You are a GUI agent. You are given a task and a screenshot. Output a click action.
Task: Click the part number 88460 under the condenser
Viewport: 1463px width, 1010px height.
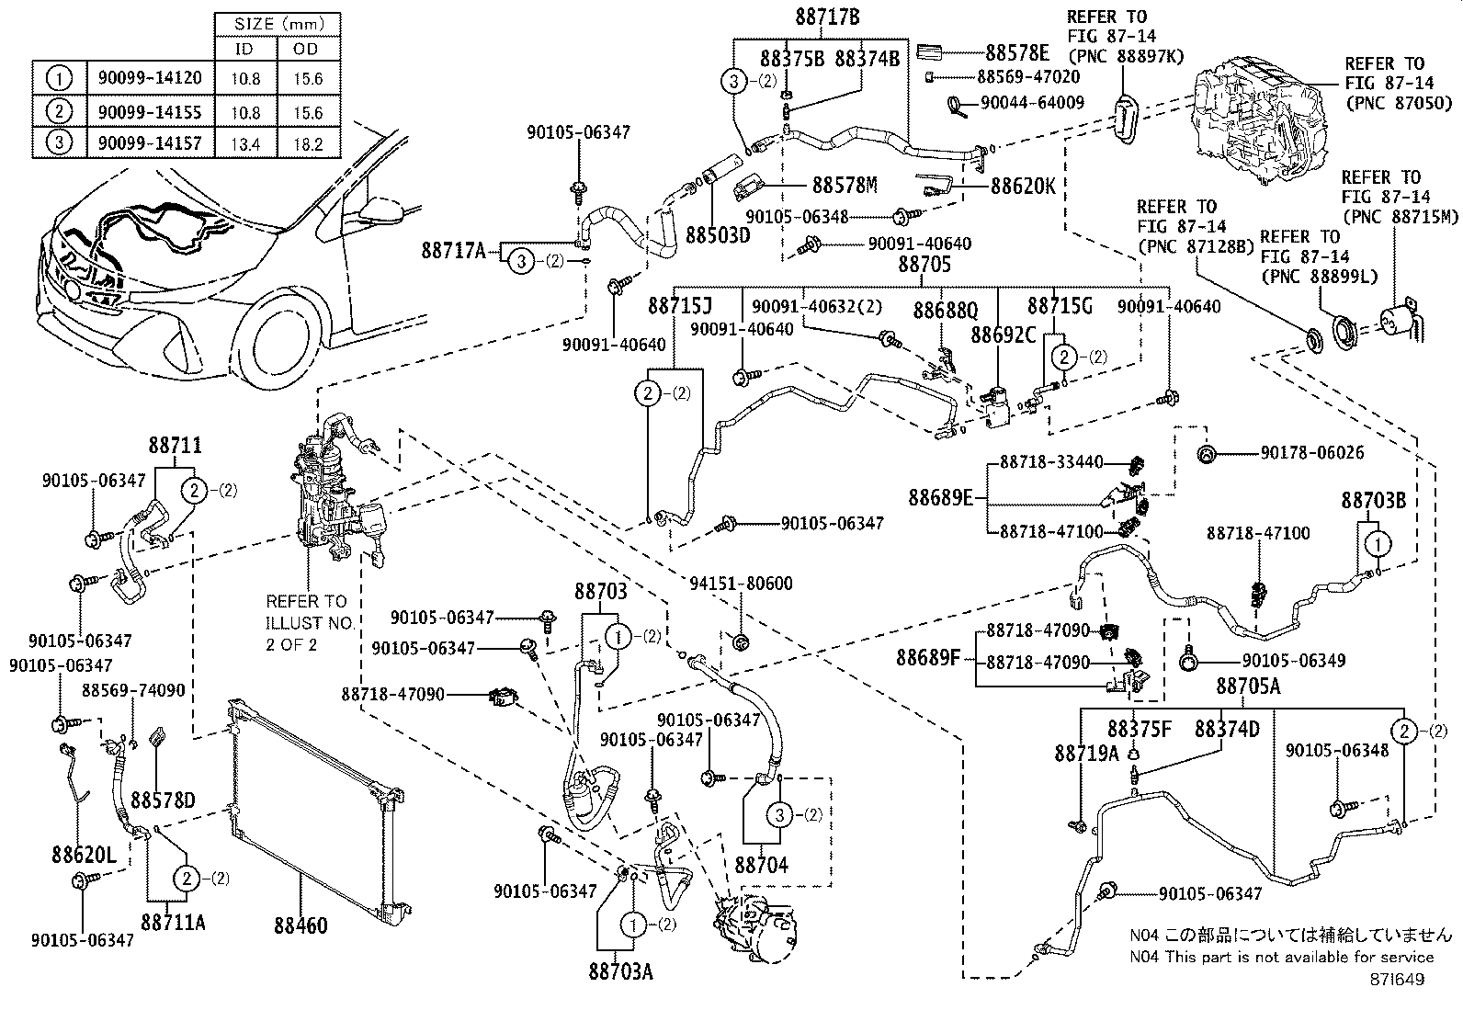[300, 925]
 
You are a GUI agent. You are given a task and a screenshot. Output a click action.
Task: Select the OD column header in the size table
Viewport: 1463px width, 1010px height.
[306, 50]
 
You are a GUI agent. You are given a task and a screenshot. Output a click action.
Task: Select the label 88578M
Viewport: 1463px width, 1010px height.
[844, 185]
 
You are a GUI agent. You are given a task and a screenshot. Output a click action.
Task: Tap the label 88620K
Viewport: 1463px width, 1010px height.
[1023, 185]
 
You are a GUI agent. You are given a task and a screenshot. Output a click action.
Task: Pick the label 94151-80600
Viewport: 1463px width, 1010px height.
[742, 583]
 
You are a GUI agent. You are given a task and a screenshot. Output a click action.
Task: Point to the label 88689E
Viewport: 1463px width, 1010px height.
[940, 498]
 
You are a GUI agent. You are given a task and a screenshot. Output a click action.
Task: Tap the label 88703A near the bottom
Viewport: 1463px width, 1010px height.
[621, 970]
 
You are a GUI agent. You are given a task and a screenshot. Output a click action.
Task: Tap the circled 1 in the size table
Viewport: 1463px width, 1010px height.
[59, 79]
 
